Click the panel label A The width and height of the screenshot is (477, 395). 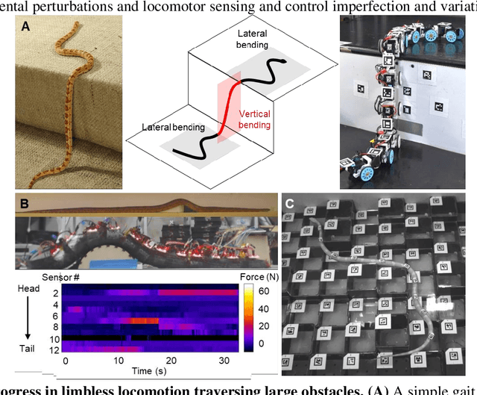pyautogui.click(x=25, y=28)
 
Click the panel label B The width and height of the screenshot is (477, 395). pyautogui.click(x=24, y=202)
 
